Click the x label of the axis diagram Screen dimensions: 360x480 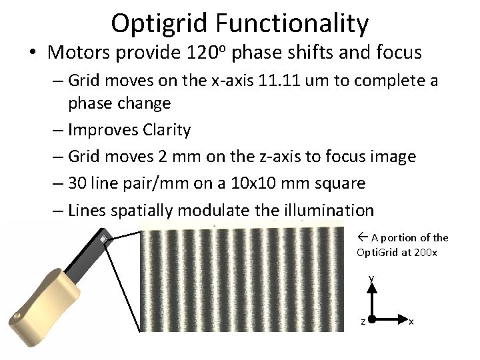(x=411, y=322)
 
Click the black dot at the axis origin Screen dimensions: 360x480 (x=372, y=319)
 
